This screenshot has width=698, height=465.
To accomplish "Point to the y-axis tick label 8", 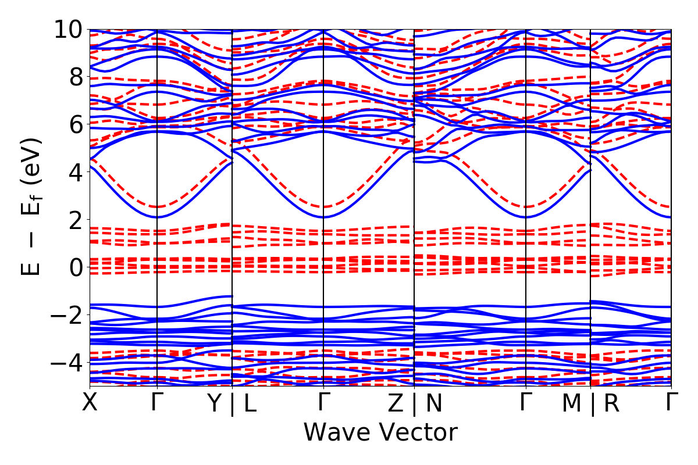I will click(x=73, y=77).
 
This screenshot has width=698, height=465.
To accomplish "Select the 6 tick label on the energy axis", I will click(x=73, y=124).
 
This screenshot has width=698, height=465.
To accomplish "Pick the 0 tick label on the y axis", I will click(x=73, y=267).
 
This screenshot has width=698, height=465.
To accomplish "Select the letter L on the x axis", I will click(x=250, y=403).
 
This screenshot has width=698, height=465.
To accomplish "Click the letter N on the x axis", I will click(x=433, y=403).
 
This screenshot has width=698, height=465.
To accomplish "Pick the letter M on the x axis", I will click(x=572, y=403).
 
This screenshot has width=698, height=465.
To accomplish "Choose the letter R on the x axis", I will click(x=611, y=403).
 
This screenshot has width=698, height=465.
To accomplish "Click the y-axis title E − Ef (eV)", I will click(x=34, y=206).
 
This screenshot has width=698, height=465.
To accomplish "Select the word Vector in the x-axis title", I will click(x=418, y=432).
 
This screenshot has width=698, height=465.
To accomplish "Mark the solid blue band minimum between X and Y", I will click(x=157, y=217).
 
